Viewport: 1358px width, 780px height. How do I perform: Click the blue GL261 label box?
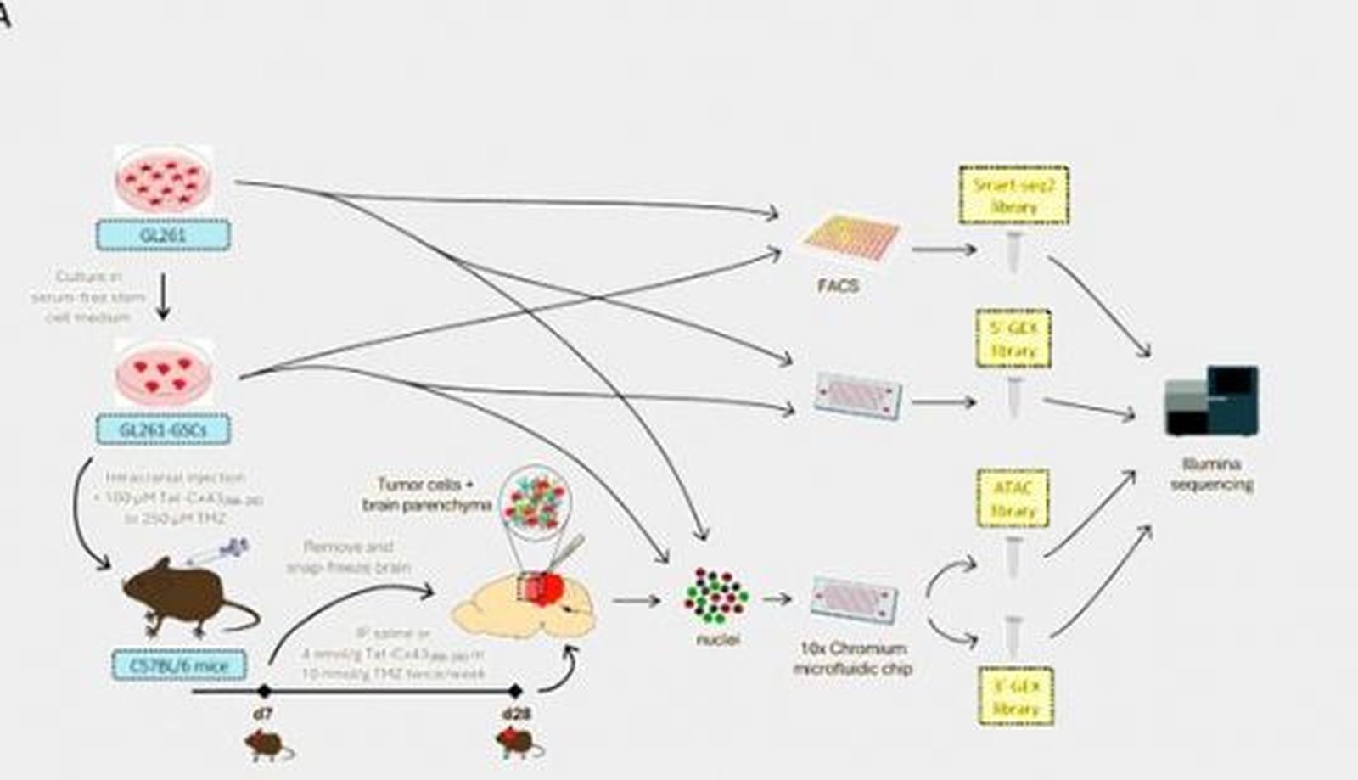tap(164, 235)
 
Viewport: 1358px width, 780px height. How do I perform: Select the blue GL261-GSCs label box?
tap(163, 429)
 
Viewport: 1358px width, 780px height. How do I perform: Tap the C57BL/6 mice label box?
tap(179, 665)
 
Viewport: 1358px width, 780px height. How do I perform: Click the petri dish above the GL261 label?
tap(163, 179)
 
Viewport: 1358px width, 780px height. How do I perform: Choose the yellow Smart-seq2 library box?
tap(1013, 195)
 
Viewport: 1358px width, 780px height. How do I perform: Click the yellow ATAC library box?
tap(1013, 498)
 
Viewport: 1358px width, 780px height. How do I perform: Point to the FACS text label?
tap(838, 286)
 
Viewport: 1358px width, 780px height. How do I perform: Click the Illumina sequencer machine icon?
tap(1211, 401)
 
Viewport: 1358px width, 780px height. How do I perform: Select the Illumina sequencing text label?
tap(1211, 474)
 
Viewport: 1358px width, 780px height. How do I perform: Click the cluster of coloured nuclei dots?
tap(716, 595)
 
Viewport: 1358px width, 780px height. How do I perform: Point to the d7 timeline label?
tap(263, 714)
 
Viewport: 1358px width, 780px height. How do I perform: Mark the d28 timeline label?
tap(516, 714)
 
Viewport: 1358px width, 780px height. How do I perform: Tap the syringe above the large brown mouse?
tap(218, 551)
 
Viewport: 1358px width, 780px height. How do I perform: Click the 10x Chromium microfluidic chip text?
tap(853, 659)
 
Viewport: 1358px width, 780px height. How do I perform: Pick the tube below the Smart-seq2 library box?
tap(1013, 252)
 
